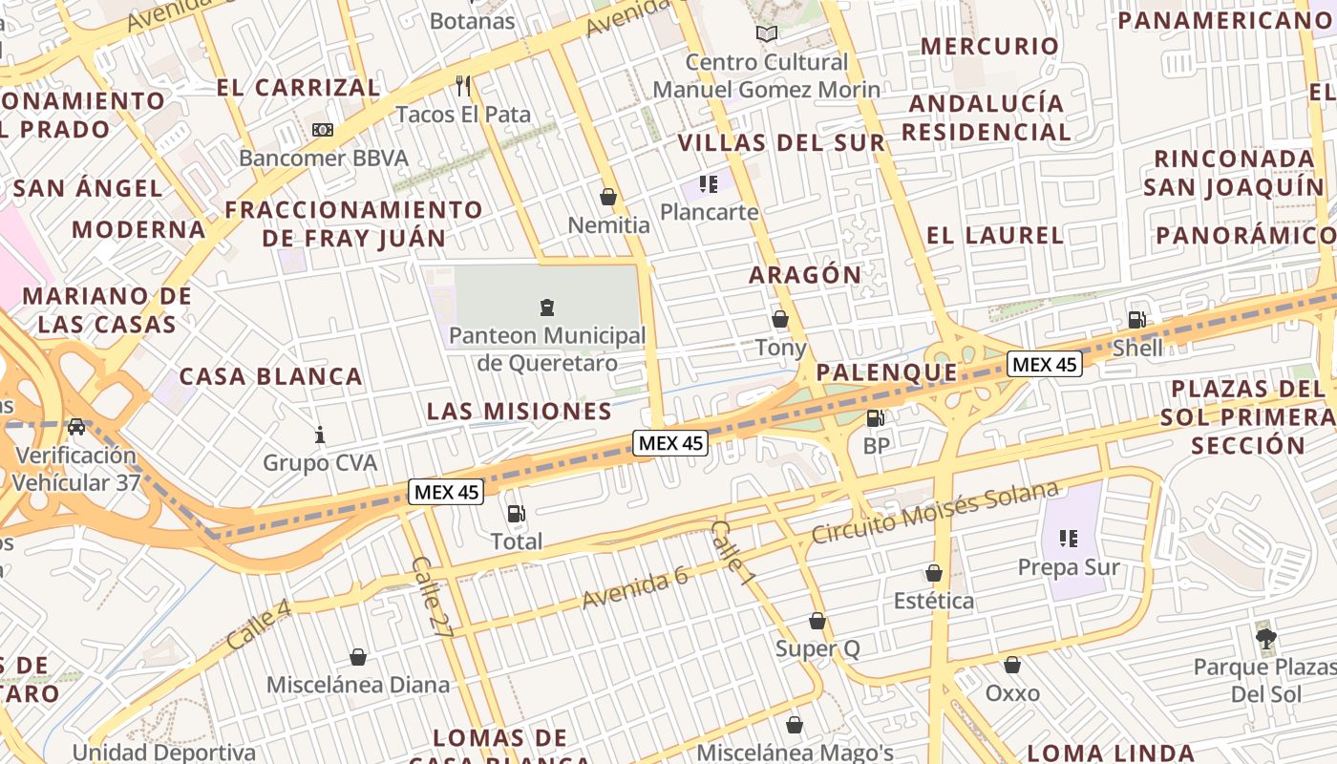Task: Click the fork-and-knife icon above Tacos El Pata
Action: tap(463, 86)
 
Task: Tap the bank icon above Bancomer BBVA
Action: tap(323, 129)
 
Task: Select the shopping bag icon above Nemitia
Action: tap(607, 197)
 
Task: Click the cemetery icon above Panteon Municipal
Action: tap(547, 308)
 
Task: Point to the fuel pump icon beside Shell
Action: tap(1136, 320)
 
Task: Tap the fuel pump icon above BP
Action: tap(875, 417)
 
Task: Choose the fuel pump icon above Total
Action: tap(516, 514)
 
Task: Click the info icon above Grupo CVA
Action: tap(320, 435)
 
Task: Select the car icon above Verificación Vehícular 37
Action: tap(76, 427)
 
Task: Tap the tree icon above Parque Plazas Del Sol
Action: tap(1266, 637)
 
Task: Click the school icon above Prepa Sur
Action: tap(1068, 539)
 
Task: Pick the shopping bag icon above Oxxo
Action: tap(1012, 665)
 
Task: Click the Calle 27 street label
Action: tap(432, 597)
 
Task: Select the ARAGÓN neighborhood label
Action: tap(805, 275)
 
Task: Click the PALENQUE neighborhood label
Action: tap(887, 372)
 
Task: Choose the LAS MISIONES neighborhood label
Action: tap(519, 412)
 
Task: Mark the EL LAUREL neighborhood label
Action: tap(995, 235)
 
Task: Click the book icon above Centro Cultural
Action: tap(767, 33)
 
